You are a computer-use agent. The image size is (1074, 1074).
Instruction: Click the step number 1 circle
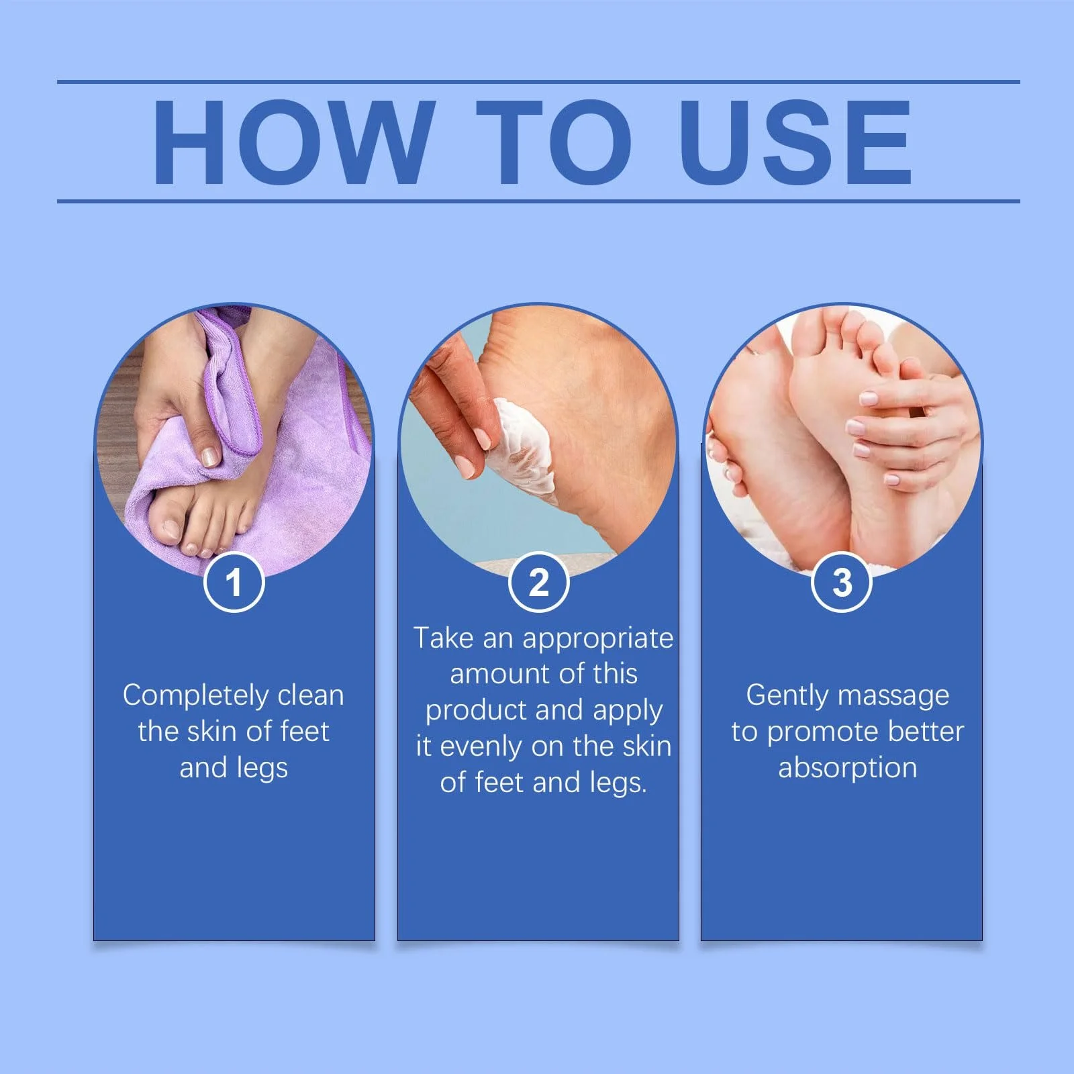point(234,582)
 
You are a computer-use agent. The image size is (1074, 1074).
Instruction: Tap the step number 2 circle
point(538,582)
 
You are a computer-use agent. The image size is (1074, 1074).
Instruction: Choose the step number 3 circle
point(842,582)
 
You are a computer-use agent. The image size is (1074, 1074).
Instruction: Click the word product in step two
point(471,711)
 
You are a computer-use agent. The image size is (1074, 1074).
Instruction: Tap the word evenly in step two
point(482,746)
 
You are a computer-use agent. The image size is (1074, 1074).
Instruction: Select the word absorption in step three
point(847,768)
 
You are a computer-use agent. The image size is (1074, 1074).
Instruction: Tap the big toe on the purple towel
point(168,524)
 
